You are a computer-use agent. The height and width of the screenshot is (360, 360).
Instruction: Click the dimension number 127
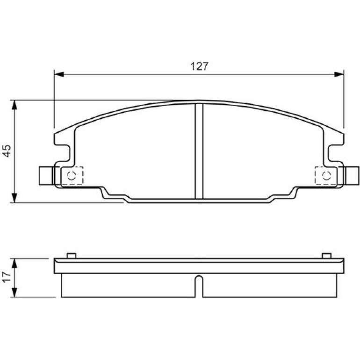[x=199, y=66]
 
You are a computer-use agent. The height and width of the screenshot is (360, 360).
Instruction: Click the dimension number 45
[x=7, y=151]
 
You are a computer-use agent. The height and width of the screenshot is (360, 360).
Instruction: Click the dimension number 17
[x=7, y=277]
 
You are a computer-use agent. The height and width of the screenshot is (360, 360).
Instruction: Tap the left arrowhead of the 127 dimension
[x=59, y=74]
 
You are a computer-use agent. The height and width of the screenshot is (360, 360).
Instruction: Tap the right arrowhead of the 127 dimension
[x=339, y=74]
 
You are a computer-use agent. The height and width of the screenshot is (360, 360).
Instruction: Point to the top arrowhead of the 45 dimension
[x=14, y=105]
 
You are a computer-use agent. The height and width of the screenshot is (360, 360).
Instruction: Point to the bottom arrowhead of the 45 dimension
[x=14, y=198]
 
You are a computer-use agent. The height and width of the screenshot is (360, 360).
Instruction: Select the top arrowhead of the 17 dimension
[x=14, y=263]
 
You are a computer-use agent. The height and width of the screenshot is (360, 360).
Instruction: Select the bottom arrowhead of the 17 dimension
[x=14, y=293]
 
